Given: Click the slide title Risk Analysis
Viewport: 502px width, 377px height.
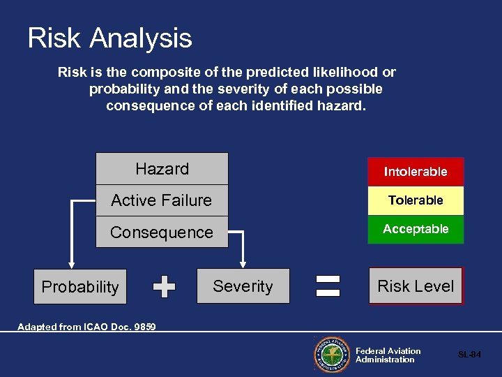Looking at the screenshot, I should [x=109, y=38].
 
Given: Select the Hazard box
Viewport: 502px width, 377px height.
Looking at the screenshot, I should [x=162, y=169].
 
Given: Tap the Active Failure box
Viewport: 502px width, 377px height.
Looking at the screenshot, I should [x=162, y=200].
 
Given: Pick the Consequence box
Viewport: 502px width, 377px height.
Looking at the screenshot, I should [x=162, y=232].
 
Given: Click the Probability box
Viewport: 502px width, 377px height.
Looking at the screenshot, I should [x=80, y=287].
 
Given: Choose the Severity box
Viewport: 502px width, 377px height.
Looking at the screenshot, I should [x=243, y=286].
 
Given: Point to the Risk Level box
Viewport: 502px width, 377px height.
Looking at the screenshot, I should [x=416, y=286].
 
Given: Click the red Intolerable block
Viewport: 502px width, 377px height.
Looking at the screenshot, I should [x=416, y=172].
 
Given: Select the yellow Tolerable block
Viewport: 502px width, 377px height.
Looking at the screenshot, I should [x=416, y=200].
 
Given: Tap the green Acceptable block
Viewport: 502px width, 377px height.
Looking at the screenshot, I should [x=416, y=229].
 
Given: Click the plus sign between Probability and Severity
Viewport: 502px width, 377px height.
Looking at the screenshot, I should [x=164, y=286].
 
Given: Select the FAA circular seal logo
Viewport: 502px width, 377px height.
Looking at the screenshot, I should [x=331, y=355].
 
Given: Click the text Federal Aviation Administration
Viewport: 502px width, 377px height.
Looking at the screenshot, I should [x=388, y=355].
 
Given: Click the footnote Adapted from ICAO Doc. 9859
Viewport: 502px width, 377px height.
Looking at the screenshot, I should [x=86, y=327].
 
